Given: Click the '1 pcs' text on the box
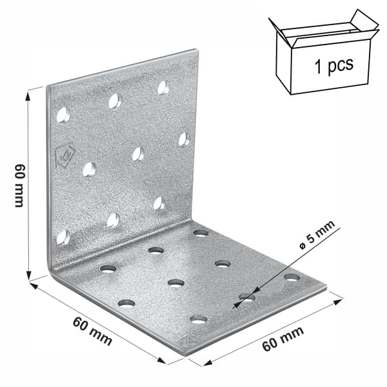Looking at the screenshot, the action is pos(334,64).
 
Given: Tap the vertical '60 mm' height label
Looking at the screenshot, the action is pos(19,185).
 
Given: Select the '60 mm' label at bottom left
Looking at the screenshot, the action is pos(92,332).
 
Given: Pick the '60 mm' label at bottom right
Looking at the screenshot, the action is pos(283,339).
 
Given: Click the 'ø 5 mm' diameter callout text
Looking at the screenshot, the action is pos(317,235).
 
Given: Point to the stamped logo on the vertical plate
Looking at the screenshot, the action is pos(64,155).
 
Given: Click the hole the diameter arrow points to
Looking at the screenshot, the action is pos(247,297).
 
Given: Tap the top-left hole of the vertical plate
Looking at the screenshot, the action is pos(63,115).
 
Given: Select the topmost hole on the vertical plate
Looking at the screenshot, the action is pos(163,88).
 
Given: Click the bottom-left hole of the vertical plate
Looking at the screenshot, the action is pos(63,237).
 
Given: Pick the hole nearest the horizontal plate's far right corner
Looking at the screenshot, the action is pos(292,277).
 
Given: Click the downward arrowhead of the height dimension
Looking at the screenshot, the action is pos(29,274).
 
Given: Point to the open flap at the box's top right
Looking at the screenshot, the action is pos(365,21).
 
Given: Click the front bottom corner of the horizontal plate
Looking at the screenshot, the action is pos(186,355).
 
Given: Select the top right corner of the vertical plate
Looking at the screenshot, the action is pos(197,50).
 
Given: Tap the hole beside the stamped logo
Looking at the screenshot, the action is pos(89,169).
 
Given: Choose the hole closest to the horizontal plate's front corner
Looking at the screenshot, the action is pos(199,319).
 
